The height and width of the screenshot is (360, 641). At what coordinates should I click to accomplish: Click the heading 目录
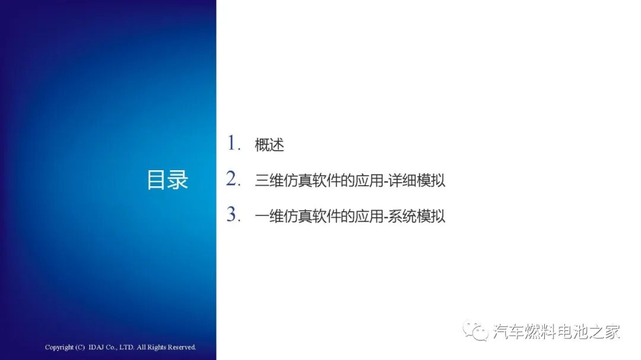point(167,180)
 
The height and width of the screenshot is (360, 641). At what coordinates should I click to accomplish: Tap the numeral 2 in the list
point(232,179)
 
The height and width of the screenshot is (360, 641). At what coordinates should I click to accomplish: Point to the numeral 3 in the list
point(232,215)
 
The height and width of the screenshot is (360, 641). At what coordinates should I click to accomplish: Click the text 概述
point(269,145)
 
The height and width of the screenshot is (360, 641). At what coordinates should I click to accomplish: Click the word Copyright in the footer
point(59,347)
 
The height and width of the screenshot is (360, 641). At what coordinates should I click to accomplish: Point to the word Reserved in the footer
point(182,347)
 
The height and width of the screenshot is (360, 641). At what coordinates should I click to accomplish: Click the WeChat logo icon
point(476,331)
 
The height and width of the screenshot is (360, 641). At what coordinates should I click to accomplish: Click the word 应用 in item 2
point(370,180)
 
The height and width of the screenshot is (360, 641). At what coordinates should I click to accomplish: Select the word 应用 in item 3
point(370,216)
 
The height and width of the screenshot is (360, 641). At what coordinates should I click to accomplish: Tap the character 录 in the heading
point(178,180)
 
